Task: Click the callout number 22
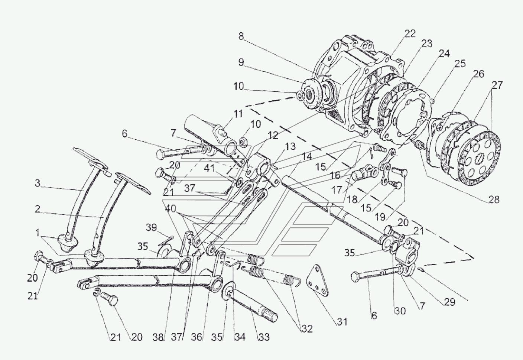pyautogui.click(x=410, y=34)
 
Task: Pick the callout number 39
pyautogui.click(x=152, y=227)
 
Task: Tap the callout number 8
pyautogui.click(x=241, y=36)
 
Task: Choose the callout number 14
pyautogui.click(x=307, y=157)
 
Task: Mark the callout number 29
pyautogui.click(x=449, y=302)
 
